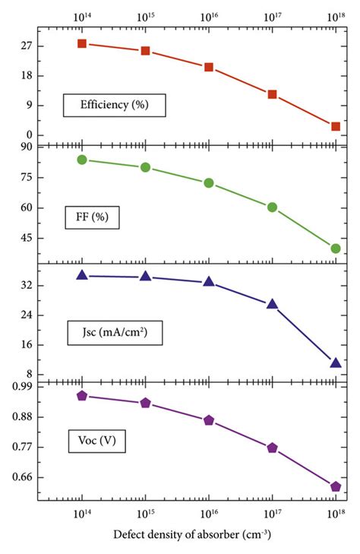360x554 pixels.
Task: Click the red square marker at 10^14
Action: (x=82, y=43)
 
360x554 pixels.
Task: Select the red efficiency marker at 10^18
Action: (x=335, y=126)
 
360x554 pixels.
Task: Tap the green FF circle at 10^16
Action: (x=209, y=183)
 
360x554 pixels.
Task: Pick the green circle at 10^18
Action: (x=335, y=249)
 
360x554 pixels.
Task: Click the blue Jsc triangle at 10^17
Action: (x=272, y=304)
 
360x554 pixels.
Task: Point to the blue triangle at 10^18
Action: (x=335, y=362)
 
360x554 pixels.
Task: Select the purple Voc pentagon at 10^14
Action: (x=82, y=396)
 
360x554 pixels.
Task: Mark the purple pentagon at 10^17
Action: (x=272, y=448)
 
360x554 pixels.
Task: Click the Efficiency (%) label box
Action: (x=115, y=105)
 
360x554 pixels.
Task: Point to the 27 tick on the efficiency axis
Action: (x=26, y=46)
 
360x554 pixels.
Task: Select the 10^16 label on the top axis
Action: (x=209, y=15)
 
